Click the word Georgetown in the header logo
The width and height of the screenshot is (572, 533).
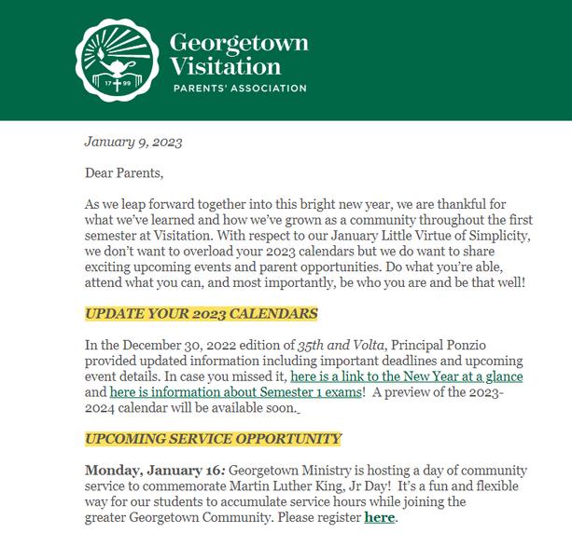click(239, 43)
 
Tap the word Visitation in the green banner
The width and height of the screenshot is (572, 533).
click(225, 66)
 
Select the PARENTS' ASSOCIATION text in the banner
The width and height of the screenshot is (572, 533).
click(238, 89)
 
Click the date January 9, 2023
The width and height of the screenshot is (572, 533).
click(133, 143)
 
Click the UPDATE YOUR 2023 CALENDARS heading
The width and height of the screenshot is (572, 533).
click(201, 313)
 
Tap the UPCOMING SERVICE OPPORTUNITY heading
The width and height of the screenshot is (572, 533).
click(213, 438)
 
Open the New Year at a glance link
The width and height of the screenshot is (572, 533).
click(407, 376)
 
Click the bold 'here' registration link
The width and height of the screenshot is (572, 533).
click(379, 516)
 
